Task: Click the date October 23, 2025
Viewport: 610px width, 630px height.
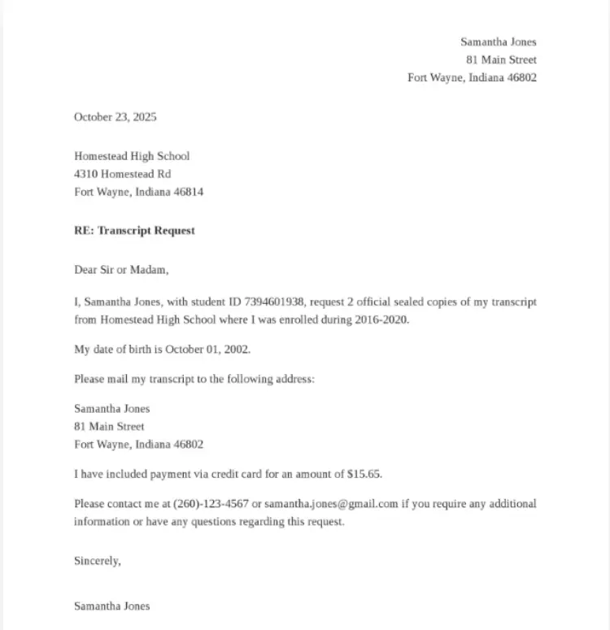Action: [115, 117]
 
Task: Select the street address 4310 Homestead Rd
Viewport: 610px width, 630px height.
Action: [123, 175]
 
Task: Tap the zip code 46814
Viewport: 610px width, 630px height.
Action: [189, 193]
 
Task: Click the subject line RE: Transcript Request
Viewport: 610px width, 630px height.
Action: [134, 231]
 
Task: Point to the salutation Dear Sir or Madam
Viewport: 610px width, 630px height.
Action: [121, 270]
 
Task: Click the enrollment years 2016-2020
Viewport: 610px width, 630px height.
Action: [382, 320]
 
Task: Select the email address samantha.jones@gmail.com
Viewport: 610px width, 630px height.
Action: [331, 504]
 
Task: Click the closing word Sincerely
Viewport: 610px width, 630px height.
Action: [97, 561]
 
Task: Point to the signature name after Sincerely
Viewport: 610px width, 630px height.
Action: [112, 606]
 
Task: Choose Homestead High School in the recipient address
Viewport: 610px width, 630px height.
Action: [132, 156]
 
